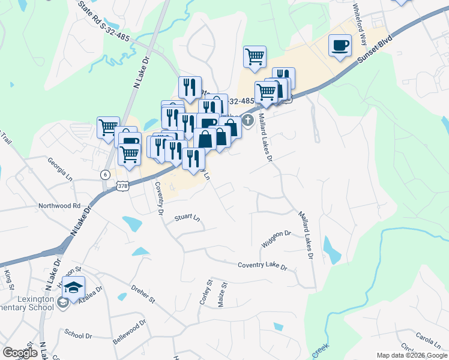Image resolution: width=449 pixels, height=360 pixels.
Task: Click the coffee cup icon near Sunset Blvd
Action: pos(340,46)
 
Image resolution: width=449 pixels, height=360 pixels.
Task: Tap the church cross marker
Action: pos(247,122)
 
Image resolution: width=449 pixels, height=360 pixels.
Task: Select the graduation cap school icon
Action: pos(74,288)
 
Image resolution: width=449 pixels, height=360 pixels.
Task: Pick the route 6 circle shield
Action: pos(106,174)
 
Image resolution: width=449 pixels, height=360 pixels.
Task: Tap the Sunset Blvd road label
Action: pos(376,49)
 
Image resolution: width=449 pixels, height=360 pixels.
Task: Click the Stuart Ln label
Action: pos(186,218)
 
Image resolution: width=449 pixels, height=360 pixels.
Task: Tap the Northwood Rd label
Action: pos(59,205)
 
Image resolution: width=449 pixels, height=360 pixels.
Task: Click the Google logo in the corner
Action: pos(20,353)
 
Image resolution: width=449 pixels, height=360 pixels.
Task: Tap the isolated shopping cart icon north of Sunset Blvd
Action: pos(255,57)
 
